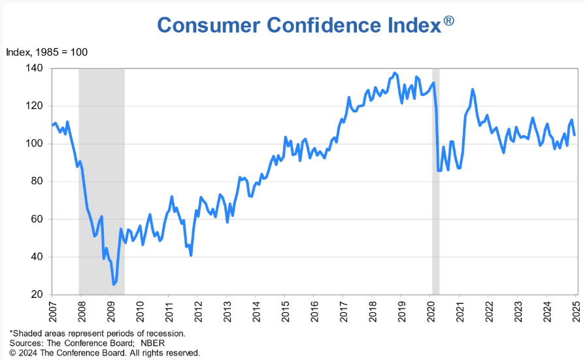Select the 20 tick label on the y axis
[37, 295]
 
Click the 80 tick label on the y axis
[37, 181]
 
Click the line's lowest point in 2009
[114, 284]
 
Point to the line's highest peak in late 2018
[394, 73]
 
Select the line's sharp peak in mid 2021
[473, 90]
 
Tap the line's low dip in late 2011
[191, 255]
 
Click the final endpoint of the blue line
[575, 135]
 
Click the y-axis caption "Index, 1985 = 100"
[46, 52]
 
